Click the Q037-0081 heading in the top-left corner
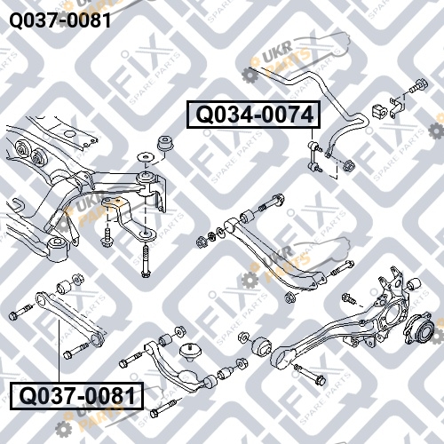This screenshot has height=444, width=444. coord(60,20)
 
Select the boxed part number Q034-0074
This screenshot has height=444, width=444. coord(253,115)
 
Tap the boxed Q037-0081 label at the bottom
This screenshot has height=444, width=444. coord(77,396)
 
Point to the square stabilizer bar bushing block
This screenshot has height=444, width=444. coord(379,111)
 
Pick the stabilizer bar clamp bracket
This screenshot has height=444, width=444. coord(396,107)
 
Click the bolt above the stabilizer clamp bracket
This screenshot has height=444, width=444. coord(418,85)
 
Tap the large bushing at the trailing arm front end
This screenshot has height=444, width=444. coord(262,345)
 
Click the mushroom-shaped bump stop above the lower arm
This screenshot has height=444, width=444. coord(190,352)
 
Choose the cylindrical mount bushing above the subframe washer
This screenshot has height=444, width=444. coord(166,143)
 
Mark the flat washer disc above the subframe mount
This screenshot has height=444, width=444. coord(145,157)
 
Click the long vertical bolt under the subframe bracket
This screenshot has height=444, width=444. coord(145,260)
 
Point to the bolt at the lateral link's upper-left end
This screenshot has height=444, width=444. coord(20,313)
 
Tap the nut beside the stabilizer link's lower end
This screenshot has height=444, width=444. coord(349,165)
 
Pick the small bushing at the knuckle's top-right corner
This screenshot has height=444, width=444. coord(414,284)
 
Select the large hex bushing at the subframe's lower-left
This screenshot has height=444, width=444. coord(58,249)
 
